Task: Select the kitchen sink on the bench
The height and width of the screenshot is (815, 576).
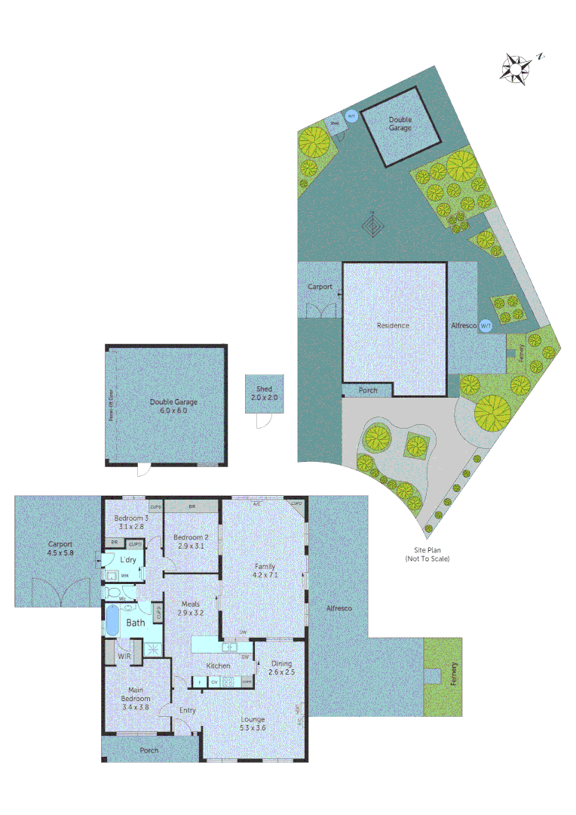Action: tap(229, 647)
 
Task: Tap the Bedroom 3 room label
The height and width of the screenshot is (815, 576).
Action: tap(131, 518)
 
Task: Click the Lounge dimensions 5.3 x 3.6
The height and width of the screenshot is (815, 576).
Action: tap(253, 728)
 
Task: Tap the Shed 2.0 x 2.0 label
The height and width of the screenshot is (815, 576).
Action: tap(264, 392)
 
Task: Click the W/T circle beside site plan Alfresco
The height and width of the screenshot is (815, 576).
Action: tap(486, 325)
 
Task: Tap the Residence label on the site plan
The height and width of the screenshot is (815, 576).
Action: tap(393, 325)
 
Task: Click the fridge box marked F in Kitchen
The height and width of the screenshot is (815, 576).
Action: tap(200, 681)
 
